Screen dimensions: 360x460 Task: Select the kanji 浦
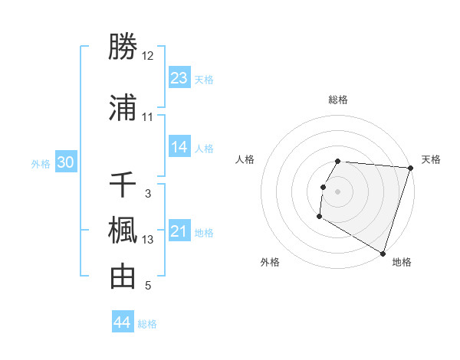123,108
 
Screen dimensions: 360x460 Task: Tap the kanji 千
123,185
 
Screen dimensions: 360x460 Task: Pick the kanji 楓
123,231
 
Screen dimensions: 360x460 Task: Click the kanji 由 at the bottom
123,277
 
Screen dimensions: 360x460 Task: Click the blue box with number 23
179,78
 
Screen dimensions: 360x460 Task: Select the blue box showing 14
179,147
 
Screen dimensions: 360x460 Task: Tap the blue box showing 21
179,231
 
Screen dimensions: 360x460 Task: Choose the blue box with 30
66,162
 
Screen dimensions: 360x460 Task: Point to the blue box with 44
123,322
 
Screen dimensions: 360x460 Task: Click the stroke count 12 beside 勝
147,56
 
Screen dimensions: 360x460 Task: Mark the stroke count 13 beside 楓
148,240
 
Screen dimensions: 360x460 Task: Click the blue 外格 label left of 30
41,163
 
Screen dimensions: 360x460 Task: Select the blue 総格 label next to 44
147,324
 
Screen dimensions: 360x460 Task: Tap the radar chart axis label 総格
338,100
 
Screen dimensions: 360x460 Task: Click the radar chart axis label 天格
431,159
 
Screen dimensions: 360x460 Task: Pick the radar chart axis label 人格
245,159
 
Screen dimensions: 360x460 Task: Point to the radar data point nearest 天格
410,168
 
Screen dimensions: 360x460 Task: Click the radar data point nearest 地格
383,254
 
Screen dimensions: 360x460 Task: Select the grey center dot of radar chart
337,191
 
